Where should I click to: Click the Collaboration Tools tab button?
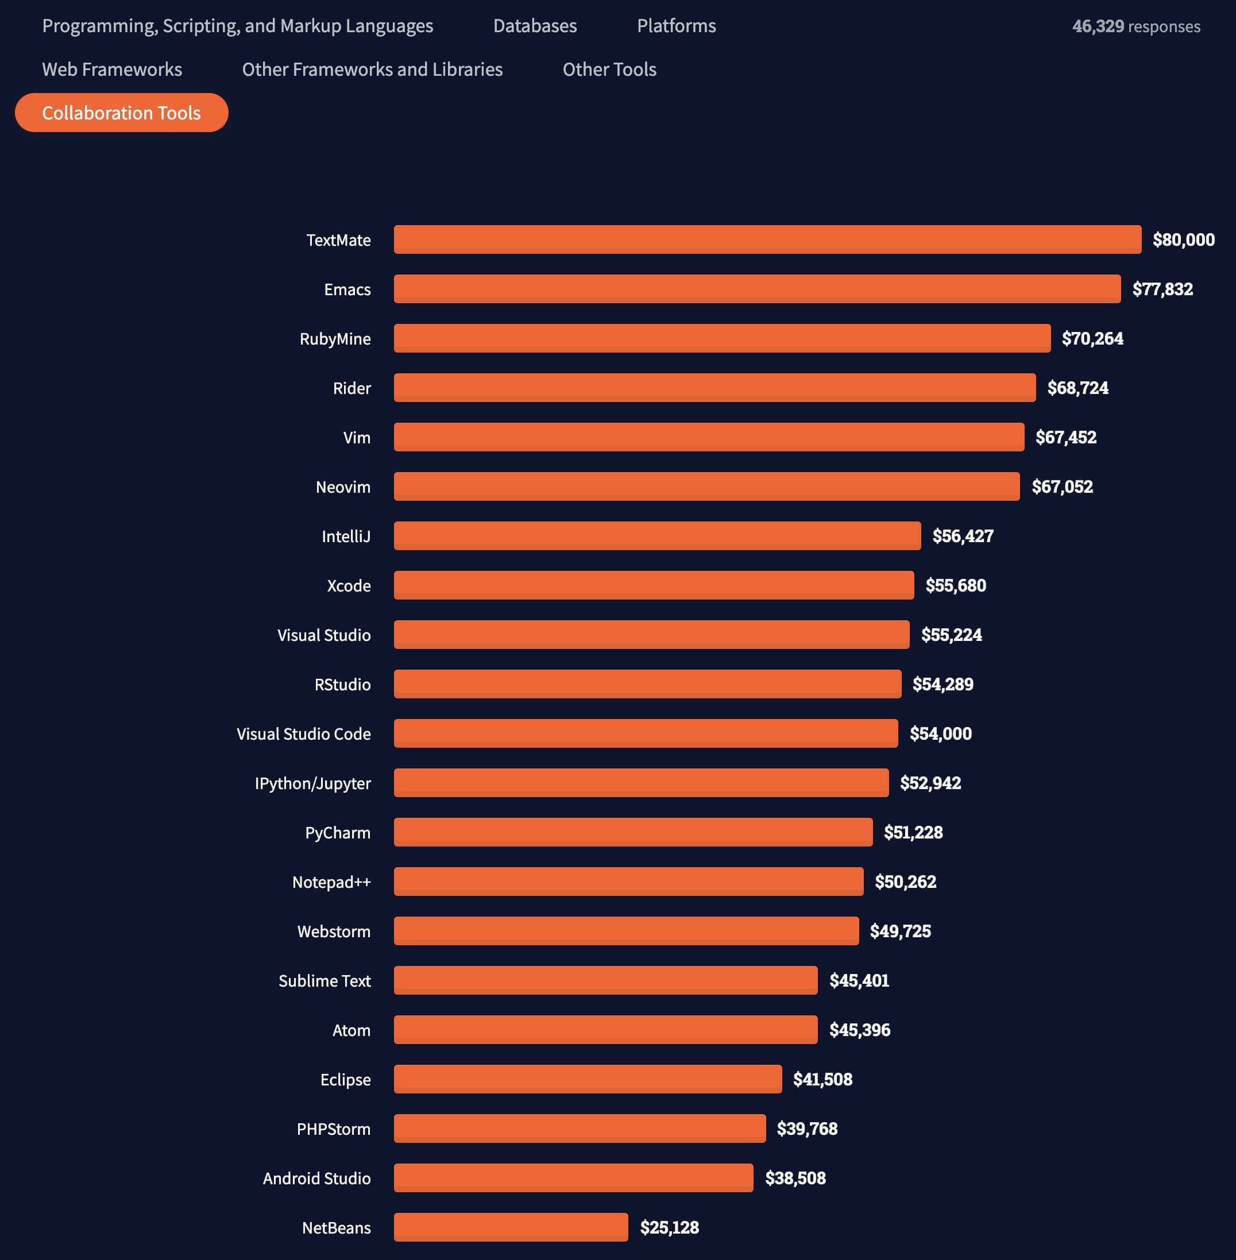[x=121, y=113]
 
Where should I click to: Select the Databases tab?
[x=534, y=26]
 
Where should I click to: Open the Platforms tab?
[x=676, y=26]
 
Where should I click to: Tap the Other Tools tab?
[x=609, y=69]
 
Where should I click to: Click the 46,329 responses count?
[x=1135, y=26]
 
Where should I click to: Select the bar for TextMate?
[x=767, y=239]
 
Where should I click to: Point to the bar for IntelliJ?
[x=656, y=536]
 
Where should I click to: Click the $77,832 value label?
[x=1162, y=289]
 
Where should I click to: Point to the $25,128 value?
[x=669, y=1227]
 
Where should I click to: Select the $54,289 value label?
[x=943, y=683]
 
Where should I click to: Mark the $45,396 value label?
[x=859, y=1030]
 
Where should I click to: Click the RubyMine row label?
[x=335, y=339]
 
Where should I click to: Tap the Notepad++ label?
[x=331, y=882]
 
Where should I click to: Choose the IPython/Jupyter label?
[x=312, y=783]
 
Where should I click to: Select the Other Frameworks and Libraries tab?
[x=372, y=69]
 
